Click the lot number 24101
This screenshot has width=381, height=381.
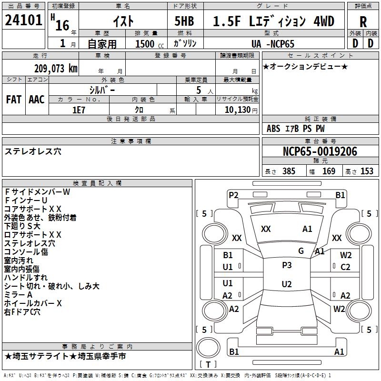pos(24,20)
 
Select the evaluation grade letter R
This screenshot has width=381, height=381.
pos(363,21)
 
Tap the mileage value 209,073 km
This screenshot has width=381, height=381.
pos(56,68)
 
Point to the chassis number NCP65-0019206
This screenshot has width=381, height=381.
pos(320,151)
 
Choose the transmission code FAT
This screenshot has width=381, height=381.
pos(13,100)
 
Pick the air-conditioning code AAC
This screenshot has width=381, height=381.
pos(37,100)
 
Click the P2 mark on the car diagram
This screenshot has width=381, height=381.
pos(233,195)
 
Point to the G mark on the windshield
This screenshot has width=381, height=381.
pos(301,251)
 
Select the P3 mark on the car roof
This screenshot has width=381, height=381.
pos(287,265)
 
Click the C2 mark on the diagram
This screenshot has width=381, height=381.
pos(345,267)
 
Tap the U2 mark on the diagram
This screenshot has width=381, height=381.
pos(287,284)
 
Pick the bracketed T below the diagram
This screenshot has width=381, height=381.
pos(208,364)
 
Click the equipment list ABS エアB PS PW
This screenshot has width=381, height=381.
pos(296,129)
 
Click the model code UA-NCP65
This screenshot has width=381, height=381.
pos(273,44)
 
